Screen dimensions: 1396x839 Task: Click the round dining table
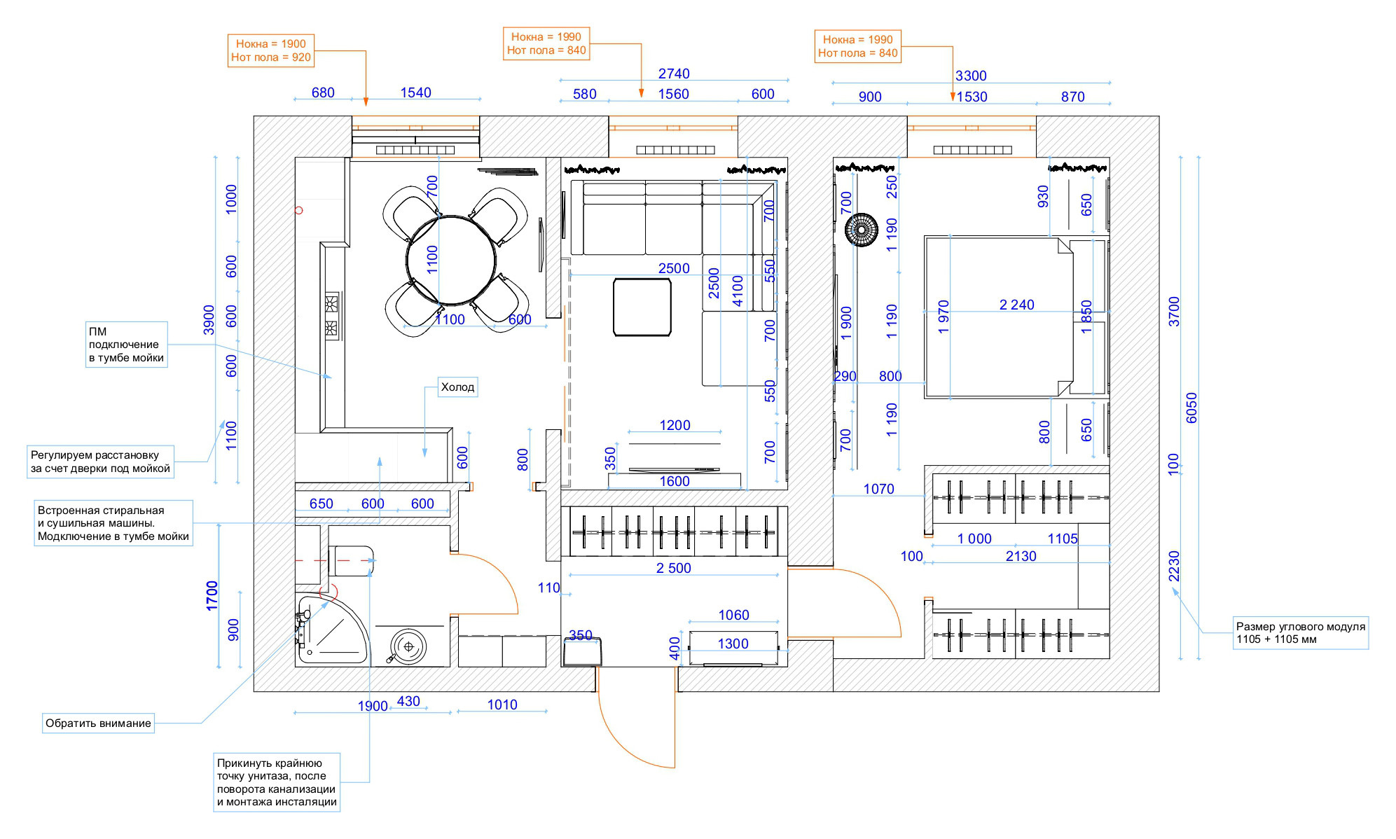[x=452, y=261]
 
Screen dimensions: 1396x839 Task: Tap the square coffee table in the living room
[x=642, y=307]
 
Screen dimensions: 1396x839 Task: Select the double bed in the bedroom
[x=998, y=317]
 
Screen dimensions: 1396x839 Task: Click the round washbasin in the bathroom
[x=408, y=646]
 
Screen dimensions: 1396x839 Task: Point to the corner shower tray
[x=331, y=629]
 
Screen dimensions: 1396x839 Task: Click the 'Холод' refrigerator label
[x=458, y=387]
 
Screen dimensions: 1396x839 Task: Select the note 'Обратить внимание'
[x=98, y=723]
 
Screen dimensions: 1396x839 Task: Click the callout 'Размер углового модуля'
[x=1301, y=632]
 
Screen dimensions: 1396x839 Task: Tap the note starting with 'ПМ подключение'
[x=126, y=345]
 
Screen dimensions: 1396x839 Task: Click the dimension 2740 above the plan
[x=674, y=74]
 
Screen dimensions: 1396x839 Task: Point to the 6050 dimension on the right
[x=1191, y=408]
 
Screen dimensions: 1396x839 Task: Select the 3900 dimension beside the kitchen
[x=209, y=320]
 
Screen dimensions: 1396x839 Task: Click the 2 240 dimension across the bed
[x=1016, y=305]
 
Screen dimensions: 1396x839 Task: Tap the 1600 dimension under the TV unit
[x=675, y=481]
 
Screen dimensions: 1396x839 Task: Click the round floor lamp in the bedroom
[x=861, y=230]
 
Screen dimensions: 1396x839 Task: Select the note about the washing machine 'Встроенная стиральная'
[x=113, y=523]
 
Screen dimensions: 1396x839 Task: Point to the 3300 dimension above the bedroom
[x=971, y=76]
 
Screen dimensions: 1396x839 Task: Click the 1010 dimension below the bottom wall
[x=502, y=705]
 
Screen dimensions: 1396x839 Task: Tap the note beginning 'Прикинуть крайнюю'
[x=277, y=782]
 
